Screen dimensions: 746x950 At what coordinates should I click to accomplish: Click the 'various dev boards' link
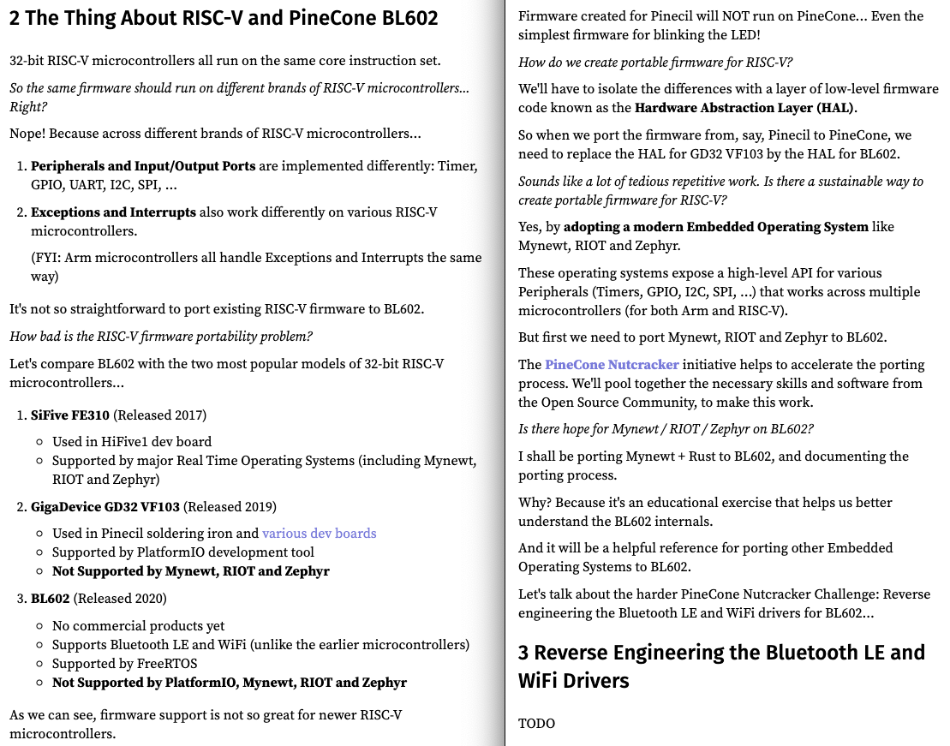point(319,534)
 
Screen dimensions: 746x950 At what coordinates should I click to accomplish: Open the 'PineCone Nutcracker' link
point(612,365)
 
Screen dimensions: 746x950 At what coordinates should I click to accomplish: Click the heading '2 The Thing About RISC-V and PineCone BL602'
point(224,19)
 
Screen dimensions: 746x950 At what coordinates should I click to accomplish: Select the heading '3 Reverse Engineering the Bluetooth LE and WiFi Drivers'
point(721,666)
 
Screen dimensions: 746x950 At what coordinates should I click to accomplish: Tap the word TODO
point(536,724)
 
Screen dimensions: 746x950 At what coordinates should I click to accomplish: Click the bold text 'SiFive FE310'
point(70,415)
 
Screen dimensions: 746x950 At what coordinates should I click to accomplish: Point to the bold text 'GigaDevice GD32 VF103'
point(105,506)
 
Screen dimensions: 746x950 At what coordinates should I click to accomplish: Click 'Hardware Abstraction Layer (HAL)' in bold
point(744,108)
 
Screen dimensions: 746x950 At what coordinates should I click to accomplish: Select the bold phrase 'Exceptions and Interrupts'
point(114,212)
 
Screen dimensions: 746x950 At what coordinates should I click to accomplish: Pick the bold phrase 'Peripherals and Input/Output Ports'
point(143,166)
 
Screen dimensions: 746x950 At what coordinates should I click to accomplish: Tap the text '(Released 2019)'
point(230,506)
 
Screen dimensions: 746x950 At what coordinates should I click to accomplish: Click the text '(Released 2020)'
point(120,598)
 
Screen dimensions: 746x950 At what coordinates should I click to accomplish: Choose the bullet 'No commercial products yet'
point(138,626)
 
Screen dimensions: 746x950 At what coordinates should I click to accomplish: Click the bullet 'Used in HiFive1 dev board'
point(132,442)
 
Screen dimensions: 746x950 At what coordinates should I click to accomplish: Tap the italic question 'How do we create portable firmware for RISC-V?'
point(655,63)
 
